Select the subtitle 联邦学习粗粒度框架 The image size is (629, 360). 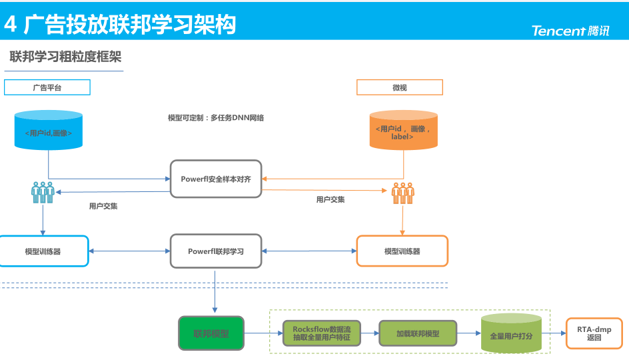pos(65,57)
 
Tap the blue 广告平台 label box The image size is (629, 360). pos(47,87)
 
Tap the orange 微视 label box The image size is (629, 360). pos(400,87)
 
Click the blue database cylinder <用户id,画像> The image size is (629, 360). pos(49,131)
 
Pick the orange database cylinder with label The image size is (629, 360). pos(404,131)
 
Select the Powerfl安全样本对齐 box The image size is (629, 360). pos(216,179)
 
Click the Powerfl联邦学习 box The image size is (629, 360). pos(216,251)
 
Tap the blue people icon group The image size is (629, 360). pos(43,193)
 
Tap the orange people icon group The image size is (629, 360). pos(402,193)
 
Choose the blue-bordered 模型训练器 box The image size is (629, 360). pos(43,251)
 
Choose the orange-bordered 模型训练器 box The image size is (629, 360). pos(402,251)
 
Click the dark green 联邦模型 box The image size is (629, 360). pos(211,333)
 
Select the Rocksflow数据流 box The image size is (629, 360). pos(322,333)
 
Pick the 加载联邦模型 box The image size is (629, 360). pos(418,333)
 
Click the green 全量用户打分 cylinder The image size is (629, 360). pos(511,333)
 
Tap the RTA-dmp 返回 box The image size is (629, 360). pos(594,333)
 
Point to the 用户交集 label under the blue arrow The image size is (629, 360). pos(103,207)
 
